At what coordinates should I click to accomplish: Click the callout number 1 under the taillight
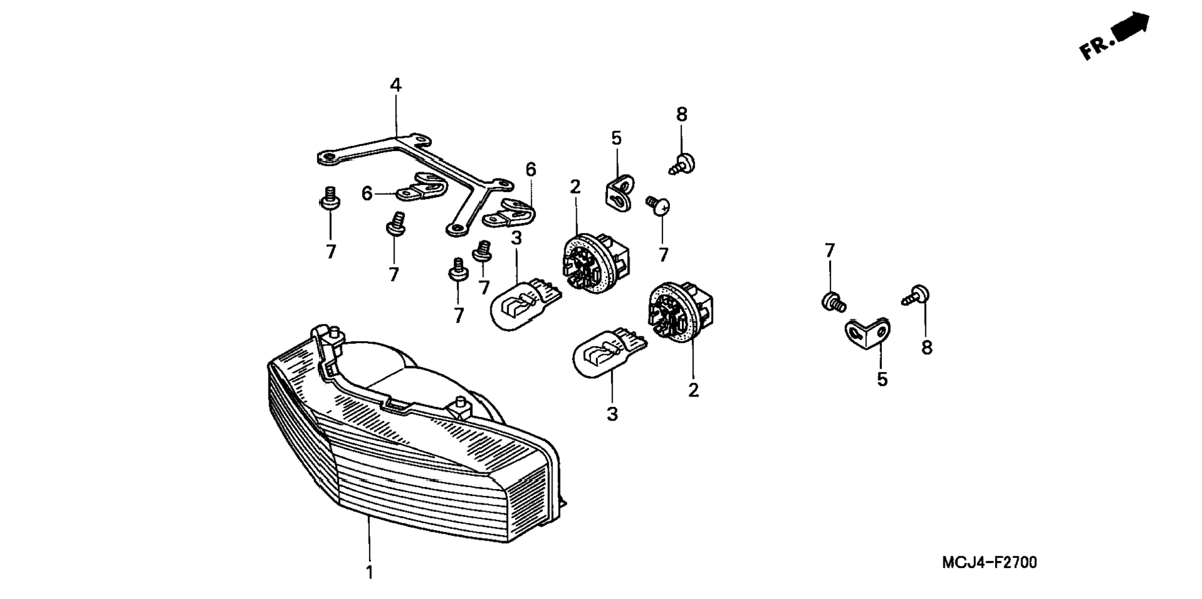369,572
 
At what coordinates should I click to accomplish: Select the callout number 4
396,85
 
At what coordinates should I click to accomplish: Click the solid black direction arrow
1131,27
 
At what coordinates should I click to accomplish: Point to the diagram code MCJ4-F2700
989,563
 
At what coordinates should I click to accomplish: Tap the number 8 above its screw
682,114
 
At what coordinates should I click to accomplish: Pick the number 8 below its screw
927,348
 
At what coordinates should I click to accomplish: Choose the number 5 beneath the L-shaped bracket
883,380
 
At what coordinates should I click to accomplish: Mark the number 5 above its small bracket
616,139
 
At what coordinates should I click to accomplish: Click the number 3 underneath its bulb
612,414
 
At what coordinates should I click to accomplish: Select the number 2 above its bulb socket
575,186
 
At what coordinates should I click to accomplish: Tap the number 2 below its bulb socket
694,390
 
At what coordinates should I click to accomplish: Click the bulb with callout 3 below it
606,352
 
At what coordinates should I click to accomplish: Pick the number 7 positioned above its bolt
829,250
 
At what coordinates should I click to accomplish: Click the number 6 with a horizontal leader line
367,194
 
